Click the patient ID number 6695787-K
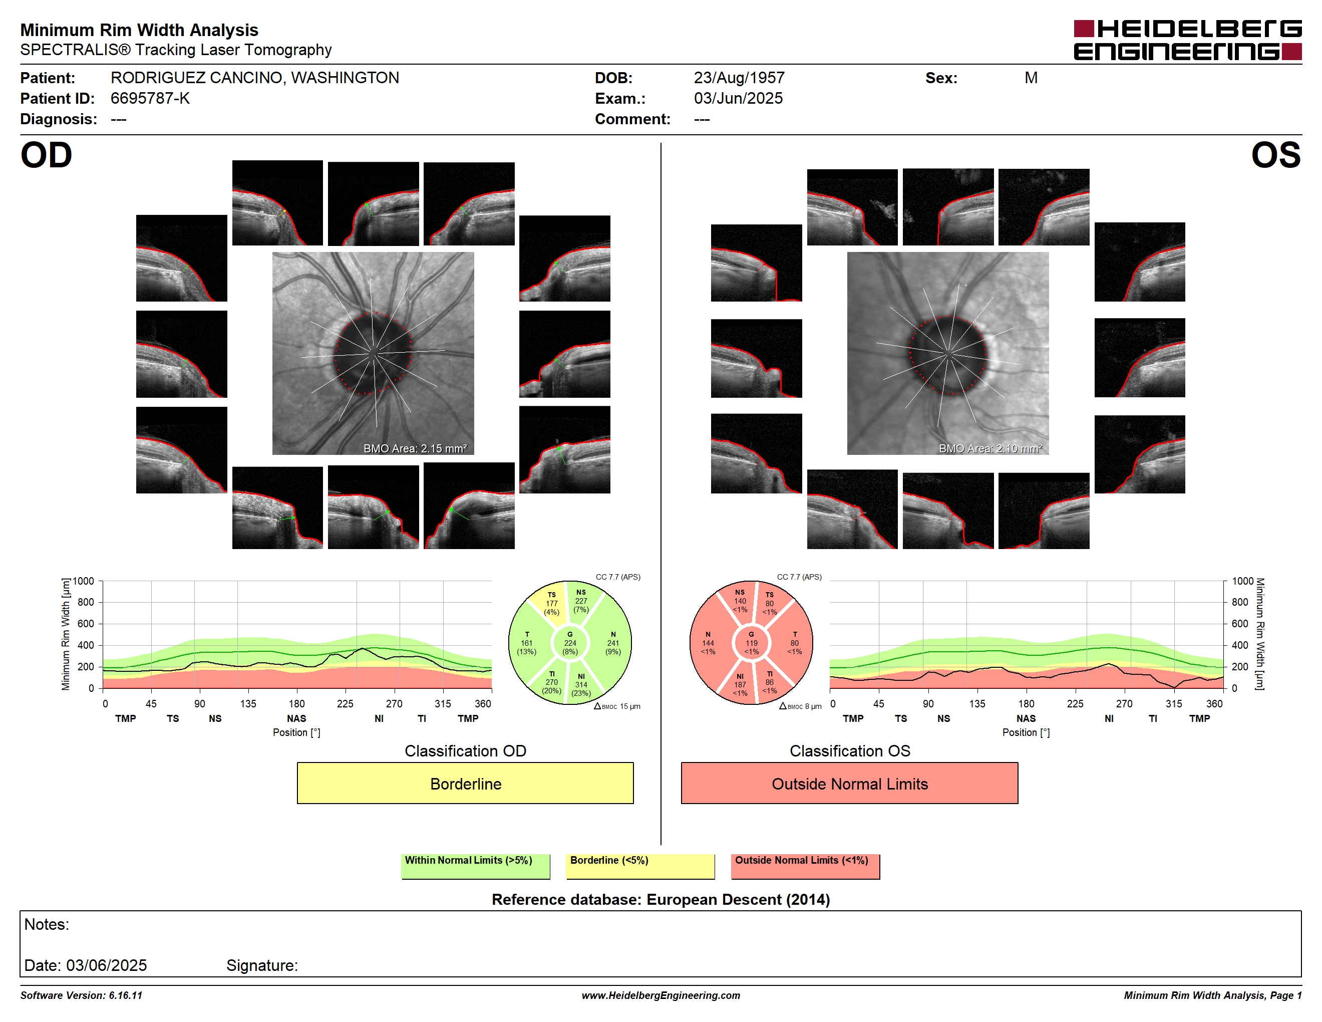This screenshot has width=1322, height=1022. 150,99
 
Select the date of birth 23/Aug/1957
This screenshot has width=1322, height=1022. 739,78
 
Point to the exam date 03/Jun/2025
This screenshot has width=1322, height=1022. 738,99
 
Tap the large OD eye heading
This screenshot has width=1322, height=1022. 46,156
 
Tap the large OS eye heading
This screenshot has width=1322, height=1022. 1276,156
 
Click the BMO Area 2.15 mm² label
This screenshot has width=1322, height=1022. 415,449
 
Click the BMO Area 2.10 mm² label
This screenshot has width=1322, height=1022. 990,449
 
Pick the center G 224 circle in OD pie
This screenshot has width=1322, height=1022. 569,643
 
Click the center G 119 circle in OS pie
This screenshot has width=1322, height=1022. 751,643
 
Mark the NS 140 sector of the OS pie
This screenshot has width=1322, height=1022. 739,602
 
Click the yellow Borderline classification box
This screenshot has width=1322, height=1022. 465,783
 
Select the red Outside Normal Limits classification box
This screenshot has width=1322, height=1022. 849,783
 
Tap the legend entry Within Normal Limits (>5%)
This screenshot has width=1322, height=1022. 475,866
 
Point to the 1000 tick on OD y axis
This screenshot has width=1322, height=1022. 84,581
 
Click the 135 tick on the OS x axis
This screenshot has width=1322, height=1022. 977,703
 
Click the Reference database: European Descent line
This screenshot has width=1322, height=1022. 660,899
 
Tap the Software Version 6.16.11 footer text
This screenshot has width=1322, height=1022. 81,995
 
